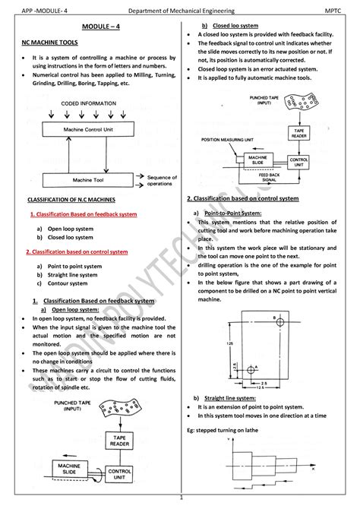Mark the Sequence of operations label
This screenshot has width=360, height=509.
tap(163, 180)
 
